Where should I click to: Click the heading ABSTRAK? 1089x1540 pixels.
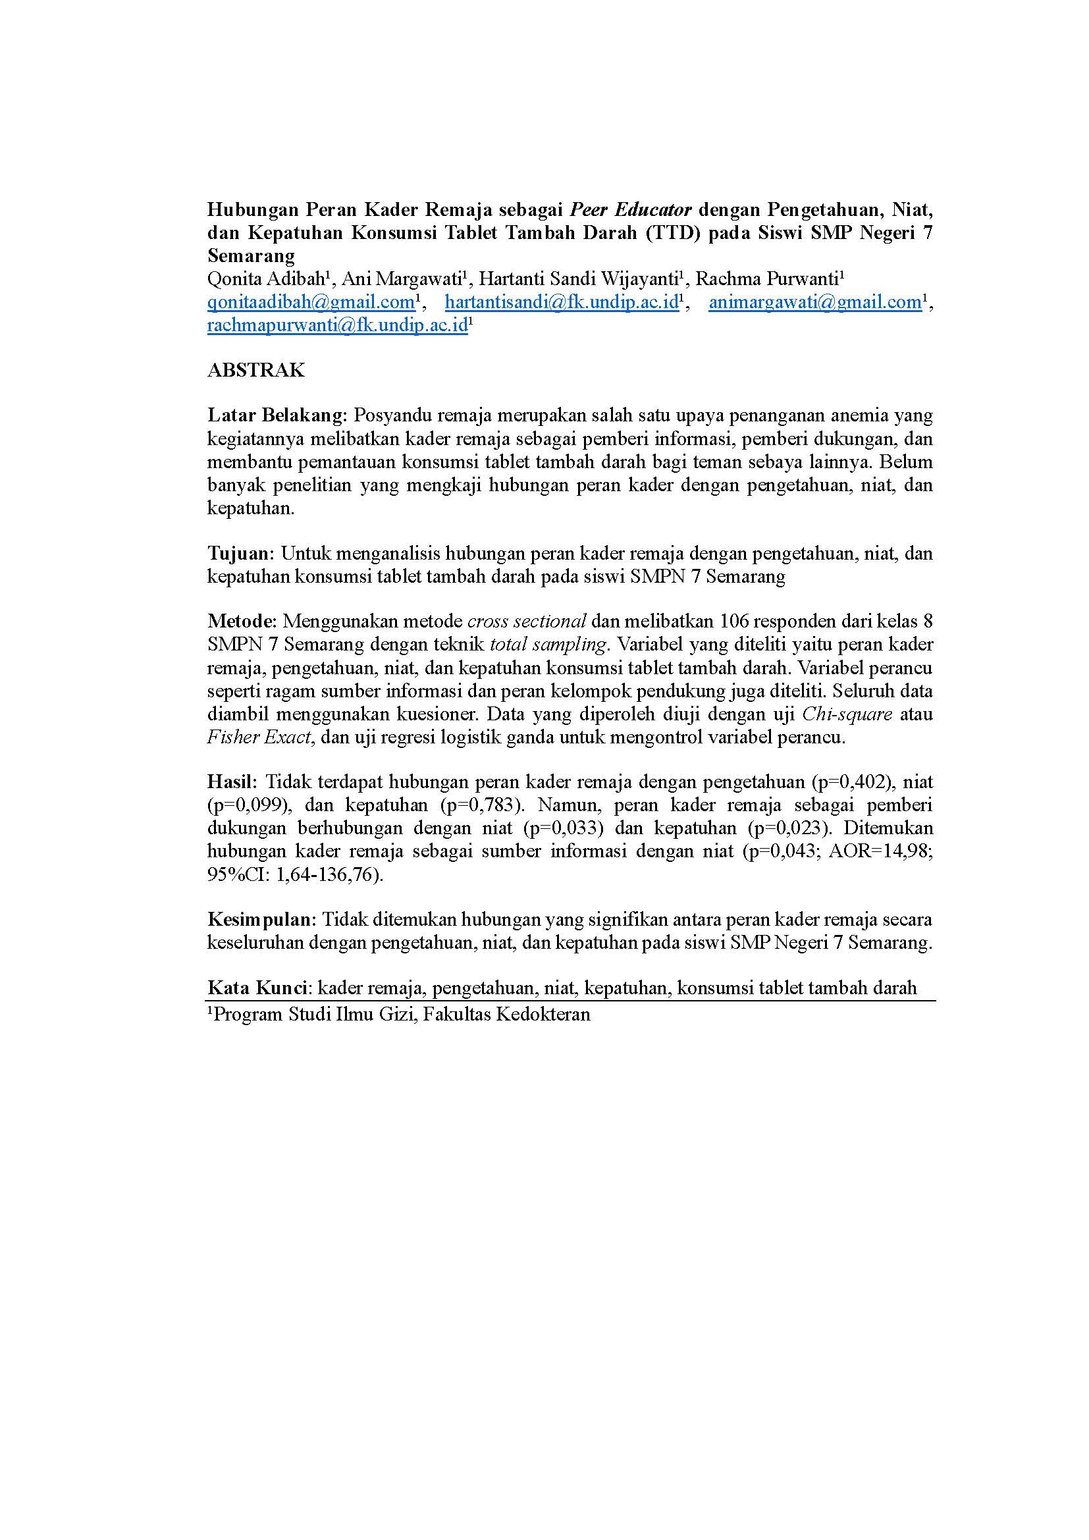[255, 370]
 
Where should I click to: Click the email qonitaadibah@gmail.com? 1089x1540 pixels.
[311, 302]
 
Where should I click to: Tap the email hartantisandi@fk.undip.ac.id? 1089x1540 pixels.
[561, 302]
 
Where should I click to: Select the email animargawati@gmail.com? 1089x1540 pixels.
[814, 302]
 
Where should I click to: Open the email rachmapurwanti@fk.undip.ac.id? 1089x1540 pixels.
[336, 325]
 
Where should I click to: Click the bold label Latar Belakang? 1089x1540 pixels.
[275, 415]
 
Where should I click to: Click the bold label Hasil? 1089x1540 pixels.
[230, 782]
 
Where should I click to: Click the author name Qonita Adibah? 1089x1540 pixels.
[265, 279]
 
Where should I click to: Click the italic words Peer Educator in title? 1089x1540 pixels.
[630, 210]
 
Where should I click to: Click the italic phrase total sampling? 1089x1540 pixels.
[548, 645]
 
